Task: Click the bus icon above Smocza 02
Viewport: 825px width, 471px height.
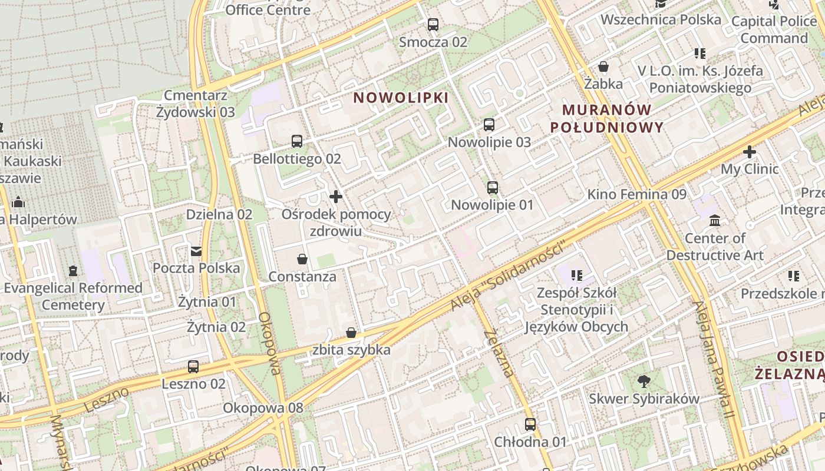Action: (x=433, y=25)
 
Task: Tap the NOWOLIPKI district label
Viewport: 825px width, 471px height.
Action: (x=401, y=98)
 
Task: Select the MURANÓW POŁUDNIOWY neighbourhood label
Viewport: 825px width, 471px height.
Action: (x=607, y=118)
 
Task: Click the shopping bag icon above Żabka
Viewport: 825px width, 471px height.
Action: (x=603, y=67)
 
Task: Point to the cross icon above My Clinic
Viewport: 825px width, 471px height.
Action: (x=749, y=152)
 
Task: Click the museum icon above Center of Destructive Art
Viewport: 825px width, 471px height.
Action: (x=715, y=221)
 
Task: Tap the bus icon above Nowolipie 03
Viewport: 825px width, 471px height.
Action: (x=489, y=125)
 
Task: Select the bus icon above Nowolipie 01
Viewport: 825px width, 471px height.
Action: (x=492, y=188)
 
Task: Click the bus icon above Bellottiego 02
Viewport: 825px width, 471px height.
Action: (x=297, y=141)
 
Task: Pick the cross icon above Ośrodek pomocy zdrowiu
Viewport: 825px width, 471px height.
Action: (x=336, y=197)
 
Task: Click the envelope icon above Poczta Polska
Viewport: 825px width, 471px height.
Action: (x=196, y=251)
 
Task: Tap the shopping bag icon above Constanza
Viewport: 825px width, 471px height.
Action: (x=302, y=259)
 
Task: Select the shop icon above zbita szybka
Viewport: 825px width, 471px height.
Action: (x=351, y=333)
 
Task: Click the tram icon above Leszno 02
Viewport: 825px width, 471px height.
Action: (x=193, y=367)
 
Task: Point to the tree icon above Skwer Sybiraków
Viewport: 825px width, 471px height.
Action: (x=644, y=382)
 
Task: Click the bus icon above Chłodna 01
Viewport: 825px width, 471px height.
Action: (x=530, y=424)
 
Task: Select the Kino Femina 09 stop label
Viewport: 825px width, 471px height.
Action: (x=637, y=194)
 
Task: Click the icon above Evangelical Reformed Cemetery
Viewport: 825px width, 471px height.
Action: (x=73, y=271)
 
